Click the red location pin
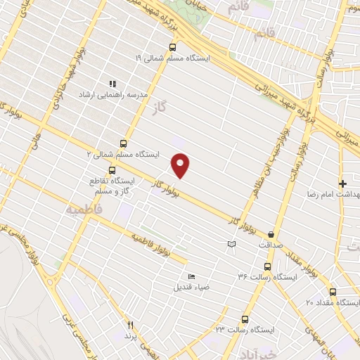tap(181, 165)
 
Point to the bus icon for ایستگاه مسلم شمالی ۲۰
tap(124, 143)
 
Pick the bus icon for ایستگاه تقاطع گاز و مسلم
tap(112, 169)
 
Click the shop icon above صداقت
tap(271, 235)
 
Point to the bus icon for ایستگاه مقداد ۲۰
tap(333, 292)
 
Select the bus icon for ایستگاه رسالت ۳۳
tap(245, 318)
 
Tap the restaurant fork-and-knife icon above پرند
tap(130, 325)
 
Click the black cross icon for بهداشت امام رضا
tap(342, 183)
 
